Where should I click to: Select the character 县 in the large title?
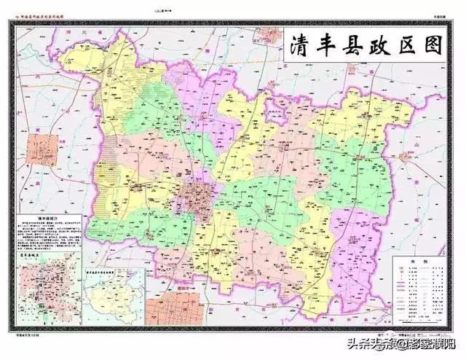tap(353, 46)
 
